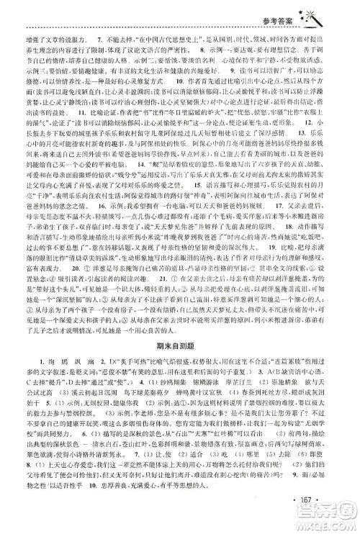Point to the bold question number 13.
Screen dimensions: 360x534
point(323,173)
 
